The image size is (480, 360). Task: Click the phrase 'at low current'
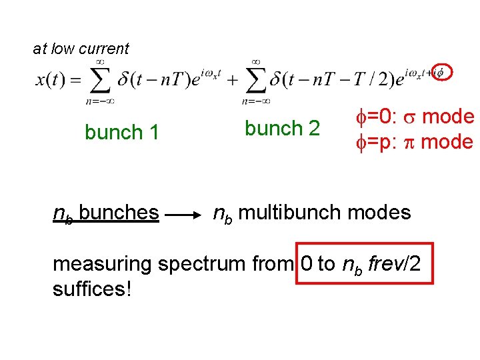[x=81, y=49]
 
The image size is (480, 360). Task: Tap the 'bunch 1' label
[x=121, y=133]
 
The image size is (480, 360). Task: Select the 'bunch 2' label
[x=282, y=128]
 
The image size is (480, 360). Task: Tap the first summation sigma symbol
[x=100, y=81]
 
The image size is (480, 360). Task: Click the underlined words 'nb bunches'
[x=106, y=213]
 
